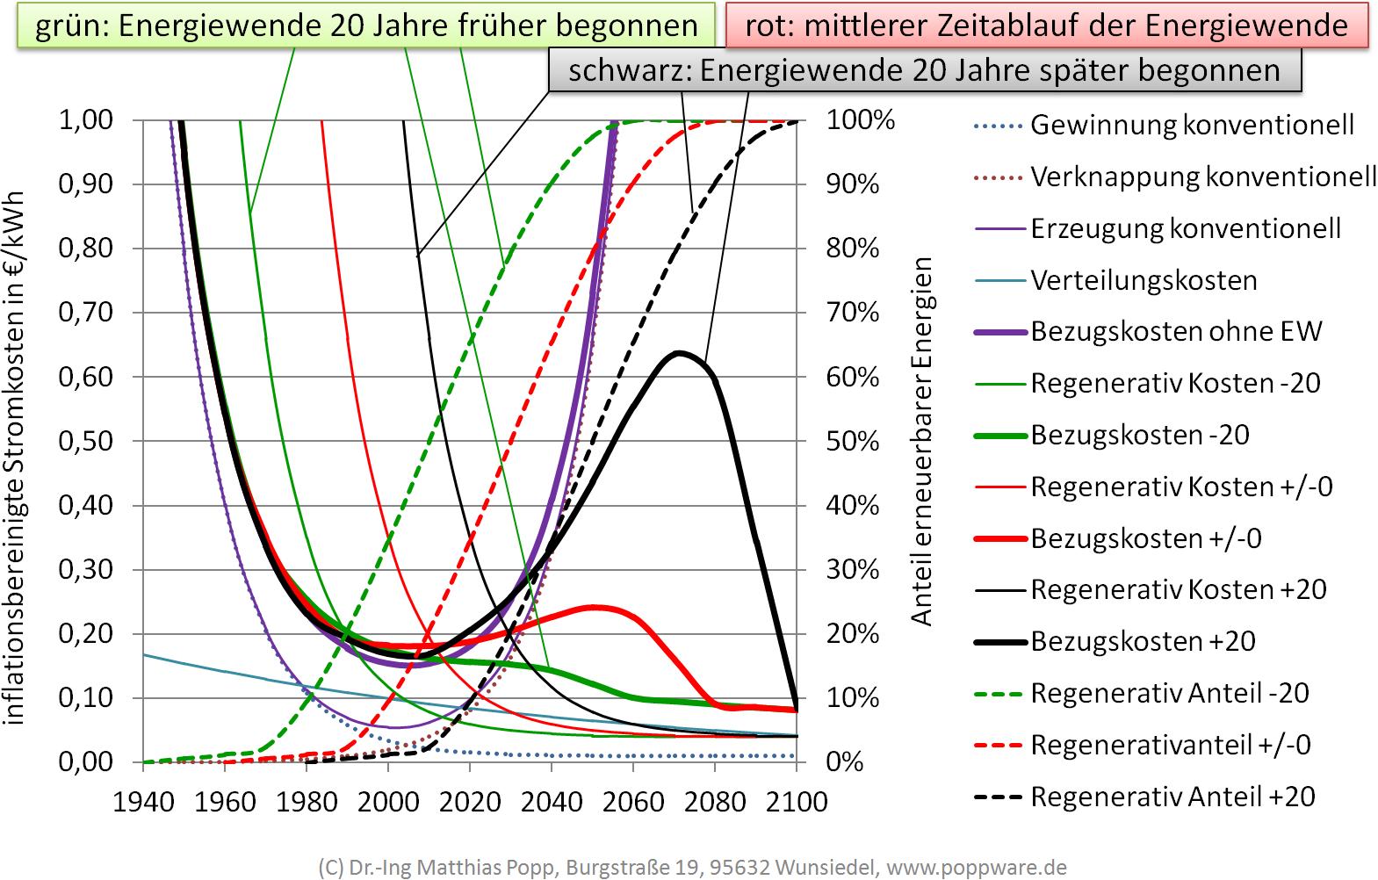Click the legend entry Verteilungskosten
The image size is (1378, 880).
point(1143,281)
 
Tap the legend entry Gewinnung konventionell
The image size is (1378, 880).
point(1191,126)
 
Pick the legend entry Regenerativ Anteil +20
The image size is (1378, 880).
point(1172,797)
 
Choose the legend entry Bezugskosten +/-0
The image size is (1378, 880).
point(1145,538)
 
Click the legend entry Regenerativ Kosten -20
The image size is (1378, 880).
point(1174,384)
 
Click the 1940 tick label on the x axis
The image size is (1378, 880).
point(142,802)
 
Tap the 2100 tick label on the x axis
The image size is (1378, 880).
point(796,802)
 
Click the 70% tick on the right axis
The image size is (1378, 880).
point(852,314)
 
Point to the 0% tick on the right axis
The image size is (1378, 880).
point(845,762)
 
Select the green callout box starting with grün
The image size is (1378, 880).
point(365,25)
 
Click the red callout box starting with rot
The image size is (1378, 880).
point(1046,25)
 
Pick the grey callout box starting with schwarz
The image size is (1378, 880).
point(924,70)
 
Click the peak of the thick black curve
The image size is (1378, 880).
point(680,353)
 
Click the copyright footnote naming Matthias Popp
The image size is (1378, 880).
point(692,868)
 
